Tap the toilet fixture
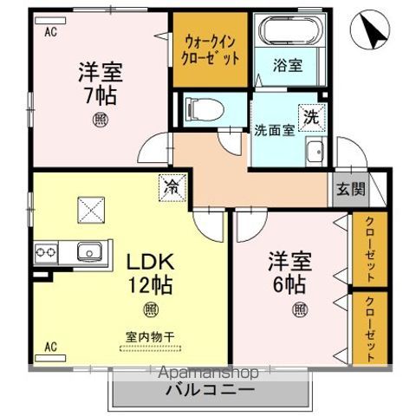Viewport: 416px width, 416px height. point(205,108)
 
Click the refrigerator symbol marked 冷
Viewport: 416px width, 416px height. point(170,185)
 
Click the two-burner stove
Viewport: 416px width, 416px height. point(46,252)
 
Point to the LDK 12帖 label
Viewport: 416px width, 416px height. point(153,273)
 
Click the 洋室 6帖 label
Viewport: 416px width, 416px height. point(289,272)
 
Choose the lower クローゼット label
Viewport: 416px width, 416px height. point(371,329)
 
